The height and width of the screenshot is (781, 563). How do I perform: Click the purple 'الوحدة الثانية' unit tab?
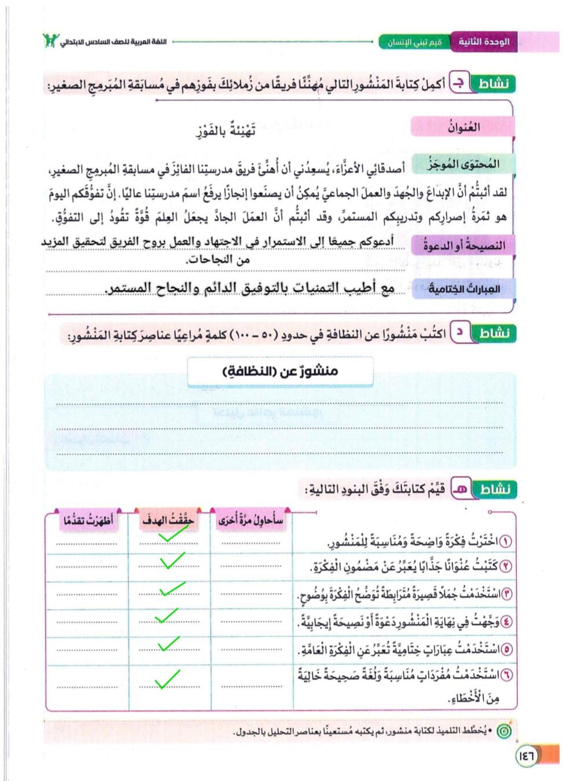484,42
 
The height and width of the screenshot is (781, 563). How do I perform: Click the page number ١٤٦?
527,756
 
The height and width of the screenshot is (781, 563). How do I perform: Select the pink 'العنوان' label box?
463,127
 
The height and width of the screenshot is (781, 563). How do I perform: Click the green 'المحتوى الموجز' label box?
463,164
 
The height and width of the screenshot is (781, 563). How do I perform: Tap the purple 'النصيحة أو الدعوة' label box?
463,245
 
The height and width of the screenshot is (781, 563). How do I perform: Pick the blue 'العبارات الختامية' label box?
463,288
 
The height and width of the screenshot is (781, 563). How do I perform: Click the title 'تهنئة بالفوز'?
226,131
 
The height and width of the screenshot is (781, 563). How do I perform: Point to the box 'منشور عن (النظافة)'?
280,371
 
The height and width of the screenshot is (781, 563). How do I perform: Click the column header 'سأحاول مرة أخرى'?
251,520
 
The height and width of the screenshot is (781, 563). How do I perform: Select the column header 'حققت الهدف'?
168,520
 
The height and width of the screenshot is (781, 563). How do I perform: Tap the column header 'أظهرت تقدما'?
88,520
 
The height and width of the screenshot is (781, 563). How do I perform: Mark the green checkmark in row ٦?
167,679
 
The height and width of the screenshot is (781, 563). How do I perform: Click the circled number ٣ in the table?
506,594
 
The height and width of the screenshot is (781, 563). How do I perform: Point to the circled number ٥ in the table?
506,650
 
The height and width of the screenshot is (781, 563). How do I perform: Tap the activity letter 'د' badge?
459,333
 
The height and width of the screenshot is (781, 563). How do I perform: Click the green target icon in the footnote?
505,731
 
